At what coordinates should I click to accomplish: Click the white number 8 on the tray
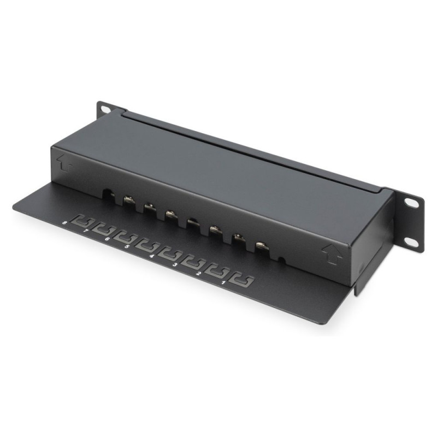65,215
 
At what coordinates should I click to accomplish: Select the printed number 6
107,231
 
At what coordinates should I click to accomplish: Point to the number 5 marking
127,238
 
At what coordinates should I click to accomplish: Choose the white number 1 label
223,282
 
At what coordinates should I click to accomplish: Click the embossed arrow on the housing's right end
332,253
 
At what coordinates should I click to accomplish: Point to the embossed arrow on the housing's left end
64,163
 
